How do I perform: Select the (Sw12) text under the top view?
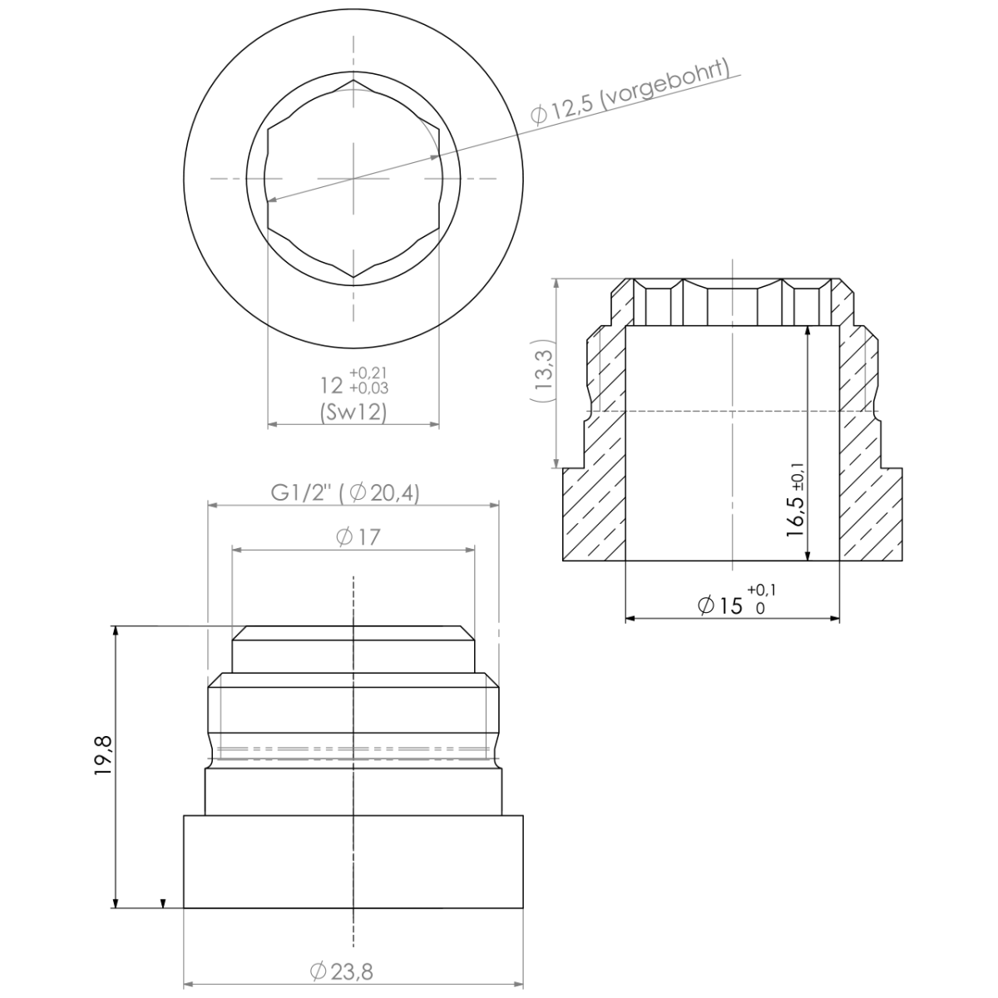353,412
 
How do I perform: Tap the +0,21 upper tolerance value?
368,372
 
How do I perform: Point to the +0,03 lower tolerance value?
368,388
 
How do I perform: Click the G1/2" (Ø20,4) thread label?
345,492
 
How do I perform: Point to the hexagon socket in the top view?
353,179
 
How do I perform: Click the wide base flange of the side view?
353,862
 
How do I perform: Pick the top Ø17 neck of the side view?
353,649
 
